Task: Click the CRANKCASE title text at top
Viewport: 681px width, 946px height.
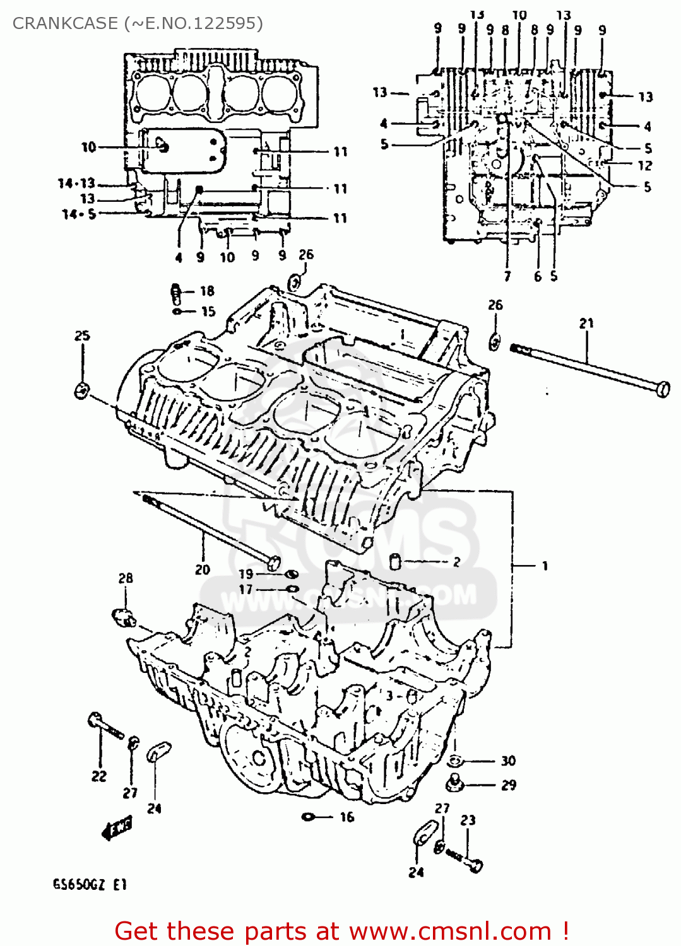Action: (138, 23)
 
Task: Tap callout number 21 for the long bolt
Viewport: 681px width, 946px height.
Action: (586, 323)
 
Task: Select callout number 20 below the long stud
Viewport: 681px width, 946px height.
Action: (202, 569)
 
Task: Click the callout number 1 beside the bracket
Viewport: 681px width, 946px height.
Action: (545, 566)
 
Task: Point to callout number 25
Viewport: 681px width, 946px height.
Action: (82, 336)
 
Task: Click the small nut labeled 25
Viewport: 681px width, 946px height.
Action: (81, 390)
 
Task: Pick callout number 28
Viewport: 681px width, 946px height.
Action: (126, 578)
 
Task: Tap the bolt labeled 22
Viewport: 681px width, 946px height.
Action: (105, 725)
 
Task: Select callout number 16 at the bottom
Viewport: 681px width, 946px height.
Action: (347, 817)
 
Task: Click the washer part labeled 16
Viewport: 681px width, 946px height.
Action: (309, 817)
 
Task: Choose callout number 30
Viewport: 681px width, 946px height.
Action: (508, 761)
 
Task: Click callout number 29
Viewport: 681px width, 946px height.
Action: (508, 785)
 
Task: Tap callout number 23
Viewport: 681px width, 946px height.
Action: (468, 820)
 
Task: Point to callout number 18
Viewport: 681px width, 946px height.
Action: (207, 291)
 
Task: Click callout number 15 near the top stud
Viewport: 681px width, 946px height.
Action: (208, 311)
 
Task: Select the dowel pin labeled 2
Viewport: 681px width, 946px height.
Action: (396, 561)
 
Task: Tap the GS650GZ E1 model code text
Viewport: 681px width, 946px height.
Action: (90, 884)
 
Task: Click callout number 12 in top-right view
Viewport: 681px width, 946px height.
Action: (644, 165)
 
